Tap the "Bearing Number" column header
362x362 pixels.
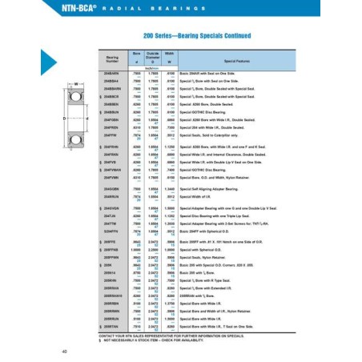(x=112, y=60)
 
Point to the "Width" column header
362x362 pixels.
(x=171, y=58)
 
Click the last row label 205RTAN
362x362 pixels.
(x=111, y=327)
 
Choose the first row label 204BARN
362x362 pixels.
(x=111, y=73)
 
